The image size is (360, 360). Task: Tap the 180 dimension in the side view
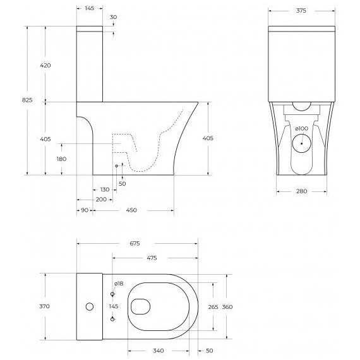tap(61, 159)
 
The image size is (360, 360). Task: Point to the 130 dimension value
tap(105, 189)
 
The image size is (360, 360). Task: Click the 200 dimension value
tap(101, 199)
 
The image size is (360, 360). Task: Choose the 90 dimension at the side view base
tap(83, 210)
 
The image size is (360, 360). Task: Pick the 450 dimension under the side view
tap(131, 210)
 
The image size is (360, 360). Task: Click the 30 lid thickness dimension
tap(114, 17)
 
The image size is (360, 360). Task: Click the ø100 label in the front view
tap(302, 129)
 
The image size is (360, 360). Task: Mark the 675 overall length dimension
tap(135, 243)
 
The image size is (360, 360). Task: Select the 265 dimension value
tap(213, 306)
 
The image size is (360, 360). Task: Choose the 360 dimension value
tap(227, 306)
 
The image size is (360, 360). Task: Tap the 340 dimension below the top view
tap(159, 351)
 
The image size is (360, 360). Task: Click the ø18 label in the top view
tap(118, 284)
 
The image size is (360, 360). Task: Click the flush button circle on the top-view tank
tap(89, 307)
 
